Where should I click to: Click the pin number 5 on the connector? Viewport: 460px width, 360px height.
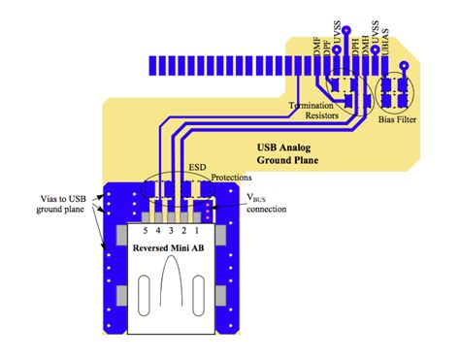point(146,231)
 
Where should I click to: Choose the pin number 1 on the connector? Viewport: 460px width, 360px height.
point(198,231)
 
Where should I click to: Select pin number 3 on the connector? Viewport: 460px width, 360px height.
point(172,231)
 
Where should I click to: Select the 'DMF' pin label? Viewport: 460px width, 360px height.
point(317,43)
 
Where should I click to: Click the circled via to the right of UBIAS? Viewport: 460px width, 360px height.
point(403,67)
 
